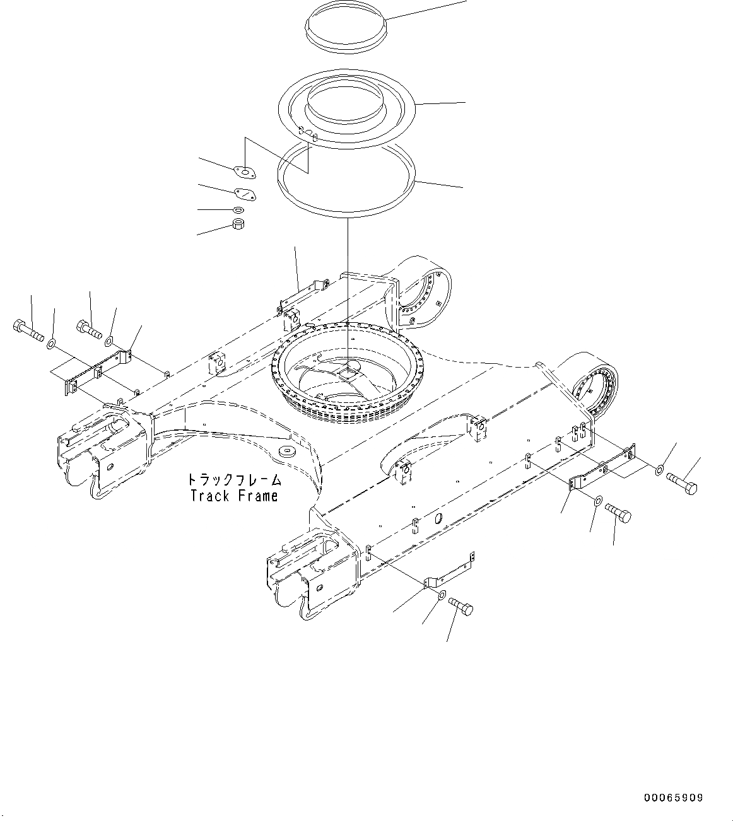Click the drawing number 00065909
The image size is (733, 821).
(x=673, y=798)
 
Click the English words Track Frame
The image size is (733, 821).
(x=234, y=496)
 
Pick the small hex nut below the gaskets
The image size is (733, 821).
(x=239, y=224)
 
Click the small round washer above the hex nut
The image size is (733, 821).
(x=238, y=209)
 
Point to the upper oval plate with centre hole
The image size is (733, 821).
(x=244, y=171)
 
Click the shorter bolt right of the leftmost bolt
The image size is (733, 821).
(x=90, y=329)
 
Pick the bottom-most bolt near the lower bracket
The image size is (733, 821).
(x=461, y=607)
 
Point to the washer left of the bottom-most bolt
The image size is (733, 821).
(x=441, y=595)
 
